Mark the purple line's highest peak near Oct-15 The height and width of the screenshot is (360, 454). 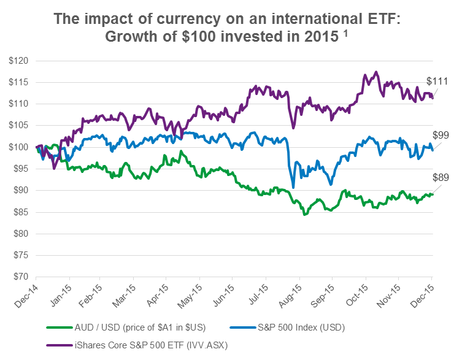click(x=375, y=72)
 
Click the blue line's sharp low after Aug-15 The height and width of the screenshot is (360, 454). click(x=293, y=187)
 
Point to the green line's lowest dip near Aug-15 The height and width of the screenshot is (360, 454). click(x=304, y=215)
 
